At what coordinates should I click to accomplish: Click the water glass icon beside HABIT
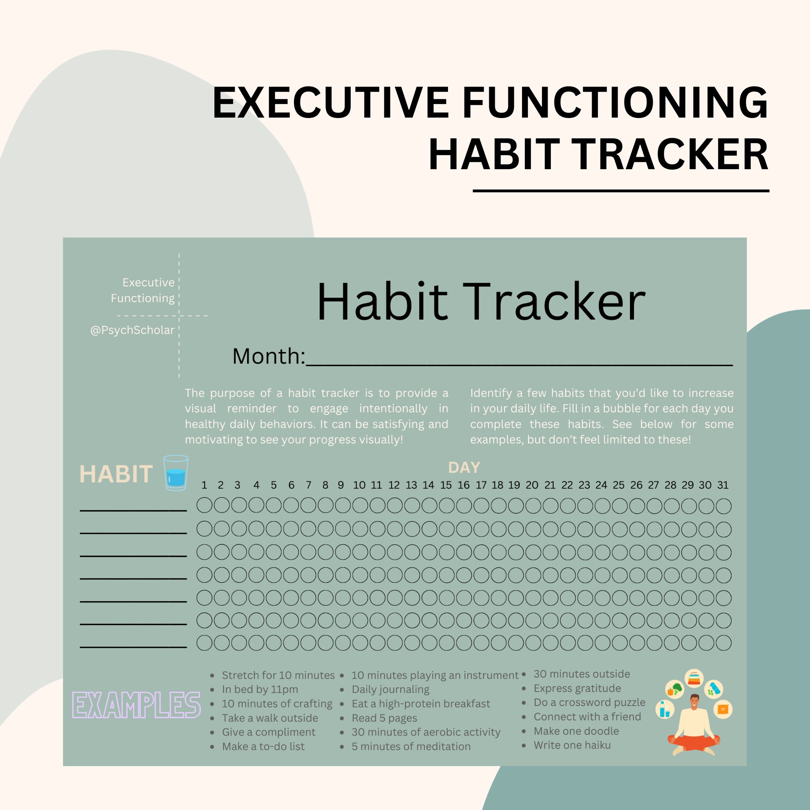175,472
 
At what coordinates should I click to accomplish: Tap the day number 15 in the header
446,485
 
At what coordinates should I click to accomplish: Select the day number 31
723,485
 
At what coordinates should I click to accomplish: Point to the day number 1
204,485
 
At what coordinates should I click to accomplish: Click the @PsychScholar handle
132,330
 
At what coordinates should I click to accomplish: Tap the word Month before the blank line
268,356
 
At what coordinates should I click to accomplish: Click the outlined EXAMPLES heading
136,705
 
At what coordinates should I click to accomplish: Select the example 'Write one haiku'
572,745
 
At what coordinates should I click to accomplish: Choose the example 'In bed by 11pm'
260,689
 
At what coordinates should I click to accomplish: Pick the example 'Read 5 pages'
384,718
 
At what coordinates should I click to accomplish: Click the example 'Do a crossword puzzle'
589,702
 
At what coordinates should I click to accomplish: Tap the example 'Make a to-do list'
263,746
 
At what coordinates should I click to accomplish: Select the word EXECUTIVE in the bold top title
331,103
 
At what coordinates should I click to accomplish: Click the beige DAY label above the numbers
464,468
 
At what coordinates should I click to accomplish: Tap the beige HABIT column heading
116,474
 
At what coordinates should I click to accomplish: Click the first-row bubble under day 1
204,506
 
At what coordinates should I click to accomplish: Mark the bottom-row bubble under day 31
723,643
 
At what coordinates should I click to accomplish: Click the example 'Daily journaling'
390,689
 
